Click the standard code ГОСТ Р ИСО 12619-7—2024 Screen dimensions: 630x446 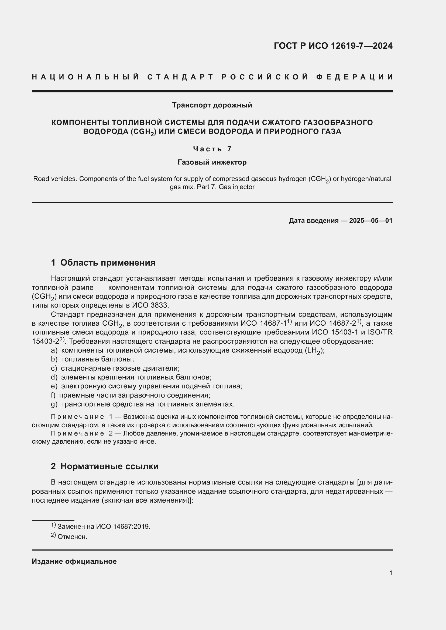tap(333, 46)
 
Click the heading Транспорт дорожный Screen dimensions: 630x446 tap(212, 105)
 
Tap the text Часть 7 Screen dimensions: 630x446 tap(212, 149)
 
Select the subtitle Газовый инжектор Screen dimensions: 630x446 tap(212, 162)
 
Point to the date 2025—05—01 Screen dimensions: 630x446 tap(370, 221)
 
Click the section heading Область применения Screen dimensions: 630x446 tap(108, 263)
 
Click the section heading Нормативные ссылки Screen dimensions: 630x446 tap(109, 466)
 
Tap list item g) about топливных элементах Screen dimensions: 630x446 tap(147, 404)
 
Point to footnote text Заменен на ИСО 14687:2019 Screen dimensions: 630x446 tap(104, 527)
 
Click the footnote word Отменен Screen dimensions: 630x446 tap(72, 537)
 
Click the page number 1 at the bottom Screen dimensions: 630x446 tap(390, 573)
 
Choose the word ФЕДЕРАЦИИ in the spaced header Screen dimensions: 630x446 tap(355, 77)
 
